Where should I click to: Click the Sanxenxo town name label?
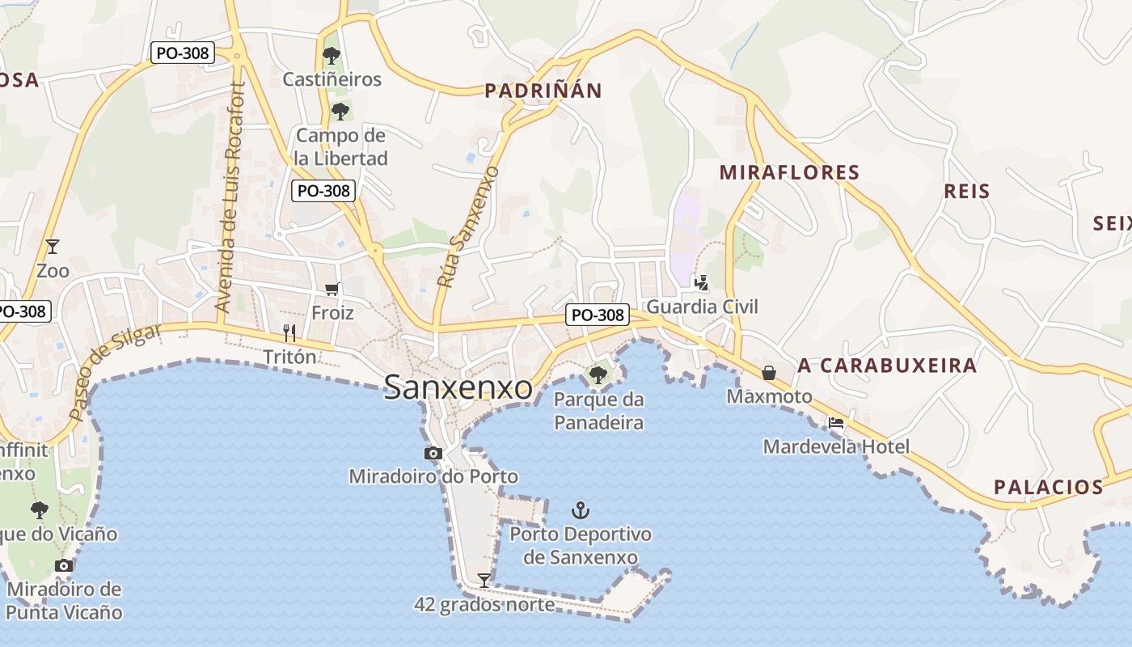[x=458, y=387]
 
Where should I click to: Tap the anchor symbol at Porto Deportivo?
[x=580, y=510]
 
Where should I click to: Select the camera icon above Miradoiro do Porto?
[x=433, y=453]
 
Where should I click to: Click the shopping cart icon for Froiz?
[x=332, y=289]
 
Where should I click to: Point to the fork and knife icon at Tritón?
[x=289, y=332]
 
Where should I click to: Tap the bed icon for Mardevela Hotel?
[x=836, y=422]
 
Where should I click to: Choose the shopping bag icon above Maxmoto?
[x=769, y=372]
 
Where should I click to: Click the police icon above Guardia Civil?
[x=702, y=282]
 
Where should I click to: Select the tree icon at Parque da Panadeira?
[x=598, y=374]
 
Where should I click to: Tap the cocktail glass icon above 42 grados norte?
[x=484, y=580]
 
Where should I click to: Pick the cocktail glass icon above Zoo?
[x=53, y=246]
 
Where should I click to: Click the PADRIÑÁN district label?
[x=543, y=91]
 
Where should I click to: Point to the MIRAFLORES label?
[x=789, y=172]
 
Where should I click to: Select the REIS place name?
[x=967, y=191]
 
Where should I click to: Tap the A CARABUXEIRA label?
[x=887, y=366]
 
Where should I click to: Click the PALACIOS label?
[x=1048, y=487]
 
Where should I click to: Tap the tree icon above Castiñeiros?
[x=331, y=56]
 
